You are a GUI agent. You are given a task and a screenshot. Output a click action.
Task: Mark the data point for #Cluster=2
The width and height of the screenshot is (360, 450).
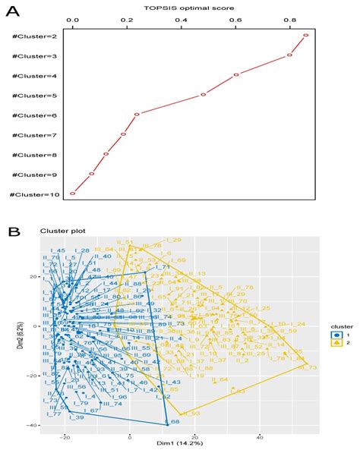tap(305, 35)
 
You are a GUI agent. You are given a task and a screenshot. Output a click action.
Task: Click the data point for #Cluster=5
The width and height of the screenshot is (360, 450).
tap(204, 95)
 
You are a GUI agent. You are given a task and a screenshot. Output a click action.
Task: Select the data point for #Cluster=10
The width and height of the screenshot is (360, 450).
tap(73, 194)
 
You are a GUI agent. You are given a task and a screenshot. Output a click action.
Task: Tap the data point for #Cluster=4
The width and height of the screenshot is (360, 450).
tap(236, 74)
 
